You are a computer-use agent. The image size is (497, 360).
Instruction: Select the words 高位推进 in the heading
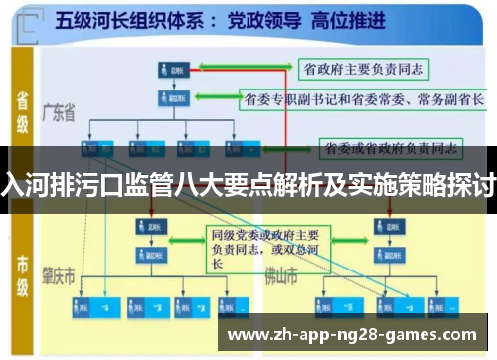coord(343,19)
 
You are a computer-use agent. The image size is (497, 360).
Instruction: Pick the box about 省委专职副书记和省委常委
coord(363,100)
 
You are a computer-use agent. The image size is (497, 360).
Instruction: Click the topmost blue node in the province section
coord(171,69)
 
